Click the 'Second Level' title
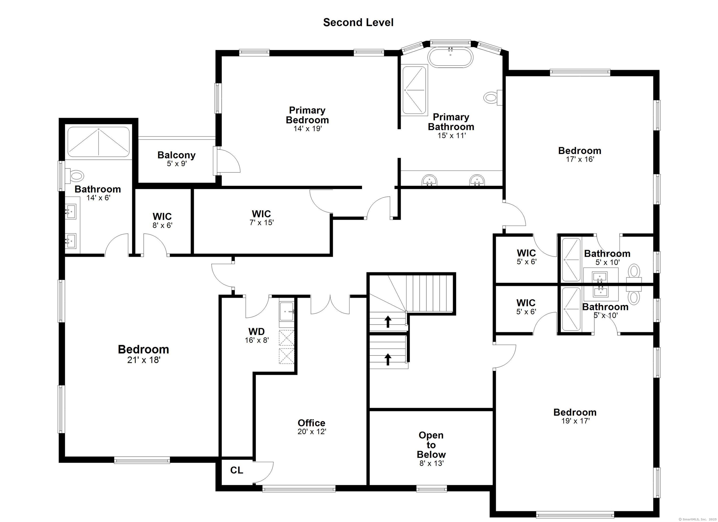click(358, 22)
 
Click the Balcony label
click(176, 155)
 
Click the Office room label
click(312, 423)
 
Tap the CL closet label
click(237, 470)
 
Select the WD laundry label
click(256, 331)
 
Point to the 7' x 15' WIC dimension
click(262, 222)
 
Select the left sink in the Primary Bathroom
click(430, 180)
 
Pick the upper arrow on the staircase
click(388, 321)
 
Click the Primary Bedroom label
click(307, 115)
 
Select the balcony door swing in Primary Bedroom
click(229, 161)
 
